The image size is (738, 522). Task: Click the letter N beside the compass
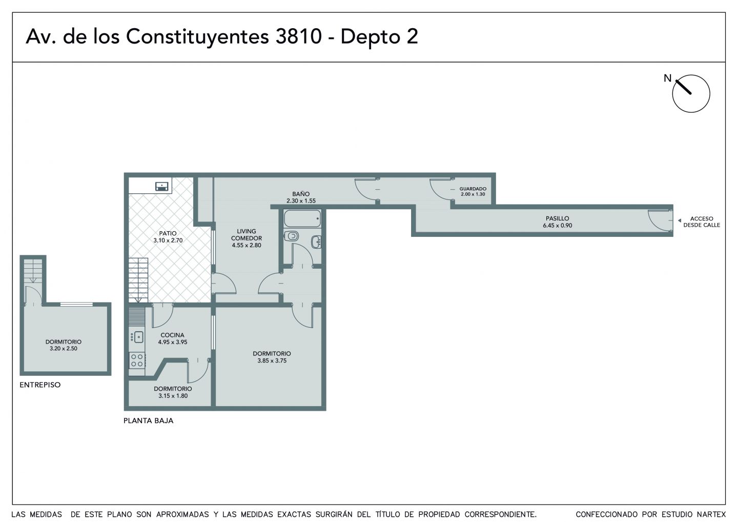click(667, 78)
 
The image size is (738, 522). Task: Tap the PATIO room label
click(168, 233)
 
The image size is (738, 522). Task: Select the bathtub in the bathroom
click(302, 218)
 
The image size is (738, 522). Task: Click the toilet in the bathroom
click(291, 236)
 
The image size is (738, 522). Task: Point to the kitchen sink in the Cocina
click(138, 337)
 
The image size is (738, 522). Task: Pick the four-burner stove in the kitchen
click(137, 360)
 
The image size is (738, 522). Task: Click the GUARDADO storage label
click(473, 189)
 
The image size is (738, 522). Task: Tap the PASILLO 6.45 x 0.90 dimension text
click(558, 226)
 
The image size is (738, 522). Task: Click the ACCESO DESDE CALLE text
click(702, 222)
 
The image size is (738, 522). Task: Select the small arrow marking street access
click(680, 220)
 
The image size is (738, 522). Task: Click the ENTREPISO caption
click(40, 385)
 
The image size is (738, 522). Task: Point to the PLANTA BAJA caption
click(148, 421)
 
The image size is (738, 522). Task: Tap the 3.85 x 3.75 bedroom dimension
click(272, 361)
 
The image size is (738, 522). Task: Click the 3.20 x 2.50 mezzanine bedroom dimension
click(63, 349)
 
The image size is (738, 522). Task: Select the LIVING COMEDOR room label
click(247, 235)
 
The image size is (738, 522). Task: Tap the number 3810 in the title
click(298, 36)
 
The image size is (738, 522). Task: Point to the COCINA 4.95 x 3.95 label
click(172, 339)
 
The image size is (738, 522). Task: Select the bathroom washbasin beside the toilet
click(316, 242)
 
